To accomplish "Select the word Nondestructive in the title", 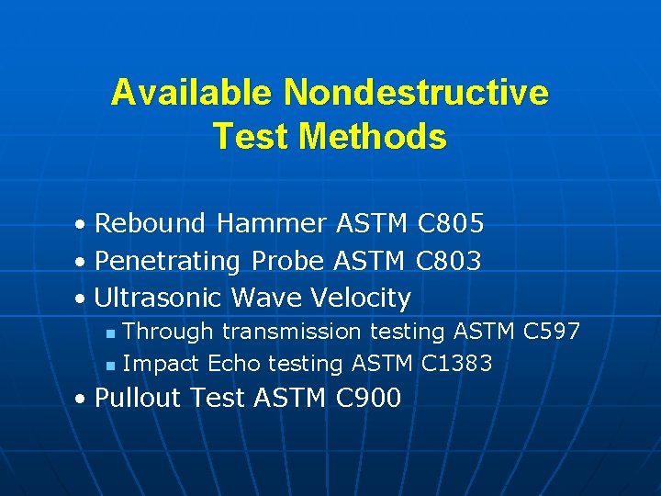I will coord(416,93).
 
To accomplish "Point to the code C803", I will coord(447,261).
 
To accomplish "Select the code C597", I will coord(551,331).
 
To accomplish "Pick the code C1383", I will coord(456,364).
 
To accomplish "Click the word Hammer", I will coord(273,223).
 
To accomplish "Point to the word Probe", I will coord(286,261).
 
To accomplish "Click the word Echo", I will coord(234,364).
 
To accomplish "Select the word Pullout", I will coord(136,398).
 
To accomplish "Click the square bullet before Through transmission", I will coord(109,333).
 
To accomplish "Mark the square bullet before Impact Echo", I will coord(109,366).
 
